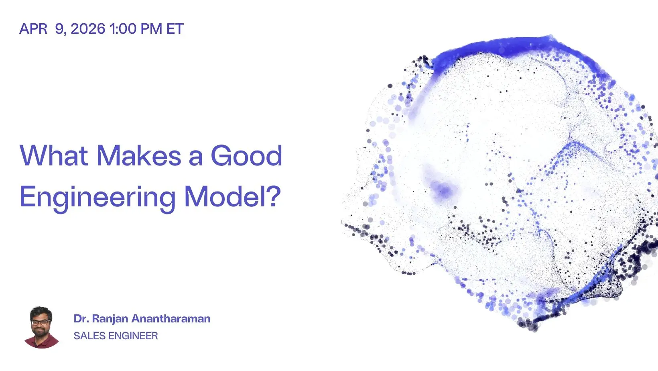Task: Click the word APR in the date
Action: click(33, 29)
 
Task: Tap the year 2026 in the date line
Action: click(88, 29)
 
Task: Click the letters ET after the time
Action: click(175, 29)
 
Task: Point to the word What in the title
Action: click(54, 155)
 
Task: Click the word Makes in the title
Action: click(139, 155)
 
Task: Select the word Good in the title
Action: click(246, 155)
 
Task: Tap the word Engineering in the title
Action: click(97, 198)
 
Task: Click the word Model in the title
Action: click(225, 196)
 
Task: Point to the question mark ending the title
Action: click(274, 196)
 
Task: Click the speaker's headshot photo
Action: click(41, 327)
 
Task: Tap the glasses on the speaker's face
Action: click(40, 322)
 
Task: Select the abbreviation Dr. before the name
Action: click(81, 319)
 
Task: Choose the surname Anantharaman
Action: click(171, 319)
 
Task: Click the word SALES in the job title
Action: click(89, 336)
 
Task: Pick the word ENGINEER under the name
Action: click(133, 336)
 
